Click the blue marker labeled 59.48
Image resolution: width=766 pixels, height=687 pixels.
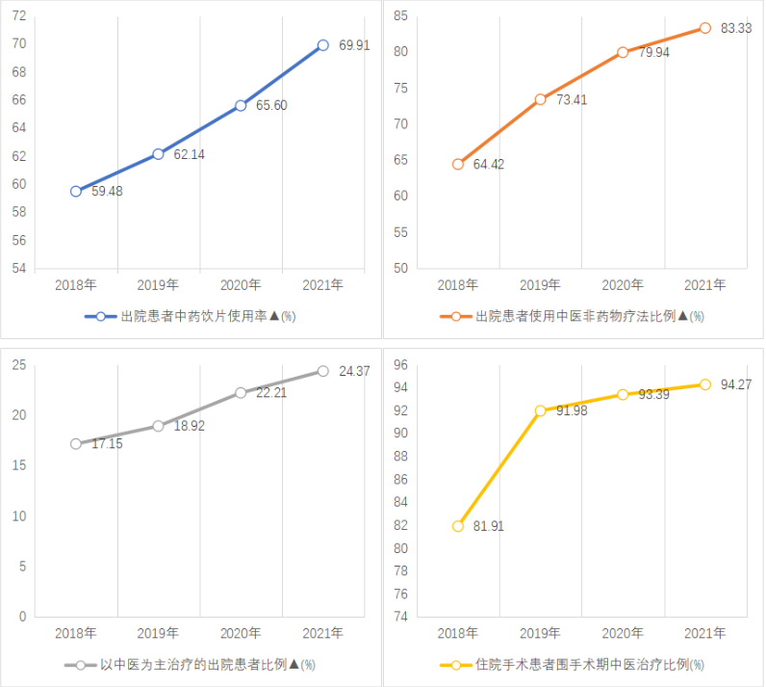(76, 191)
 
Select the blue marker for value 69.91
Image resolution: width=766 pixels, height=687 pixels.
(322, 45)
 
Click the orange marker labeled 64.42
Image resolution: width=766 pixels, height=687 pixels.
(458, 164)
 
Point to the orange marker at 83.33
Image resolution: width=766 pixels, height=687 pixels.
(705, 28)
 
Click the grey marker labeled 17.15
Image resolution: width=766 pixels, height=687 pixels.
(76, 444)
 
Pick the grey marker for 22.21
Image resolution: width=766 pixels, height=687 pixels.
(241, 392)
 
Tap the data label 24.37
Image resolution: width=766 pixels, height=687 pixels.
(354, 371)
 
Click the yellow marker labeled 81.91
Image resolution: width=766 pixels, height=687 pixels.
(458, 526)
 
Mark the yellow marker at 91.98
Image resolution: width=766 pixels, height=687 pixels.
(540, 410)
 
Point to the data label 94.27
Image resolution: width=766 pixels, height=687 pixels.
(736, 384)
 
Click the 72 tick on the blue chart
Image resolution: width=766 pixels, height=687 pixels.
(19, 16)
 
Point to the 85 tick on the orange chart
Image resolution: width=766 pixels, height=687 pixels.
(400, 15)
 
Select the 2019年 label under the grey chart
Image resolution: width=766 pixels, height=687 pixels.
(158, 633)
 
